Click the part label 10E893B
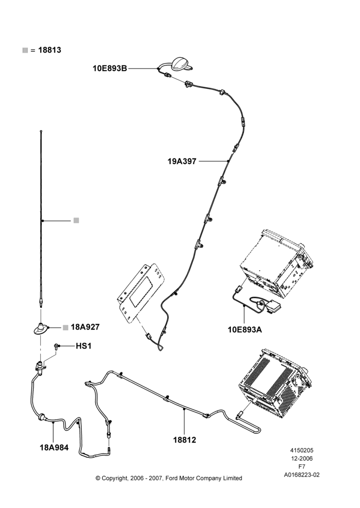coord(110,69)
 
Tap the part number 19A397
coord(182,161)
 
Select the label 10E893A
coord(245,330)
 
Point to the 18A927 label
coord(85,327)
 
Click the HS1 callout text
coord(84,346)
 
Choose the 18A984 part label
coord(54,448)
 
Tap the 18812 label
coord(185,440)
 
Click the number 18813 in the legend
coord(50,50)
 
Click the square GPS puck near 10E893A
coord(273,306)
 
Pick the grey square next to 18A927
coord(66,327)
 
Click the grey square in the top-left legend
coord(25,50)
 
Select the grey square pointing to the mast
coord(76,220)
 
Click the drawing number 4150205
coord(302,450)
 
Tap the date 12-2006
coord(302,458)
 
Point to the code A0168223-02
coord(302,475)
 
